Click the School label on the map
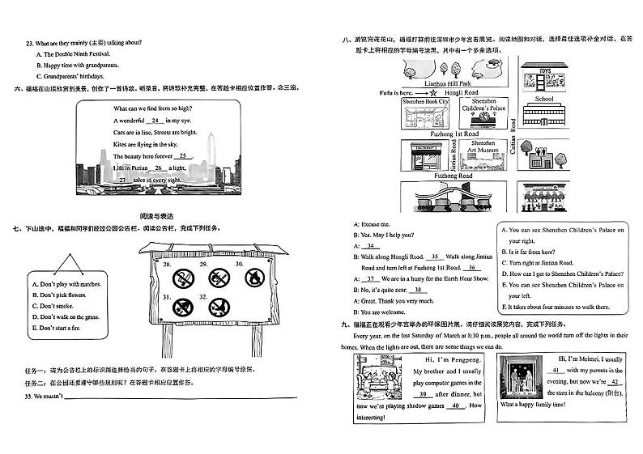[x=543, y=99]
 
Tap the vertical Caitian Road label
[x=513, y=135]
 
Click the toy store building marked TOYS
[x=543, y=79]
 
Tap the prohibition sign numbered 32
[x=218, y=308]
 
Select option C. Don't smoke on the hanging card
[x=55, y=307]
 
